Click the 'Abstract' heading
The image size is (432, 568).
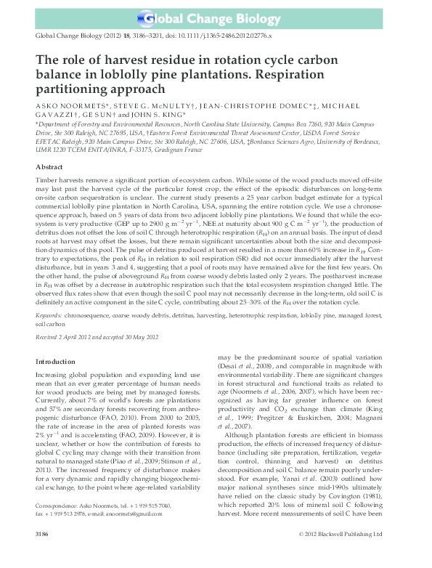tap(49, 167)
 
